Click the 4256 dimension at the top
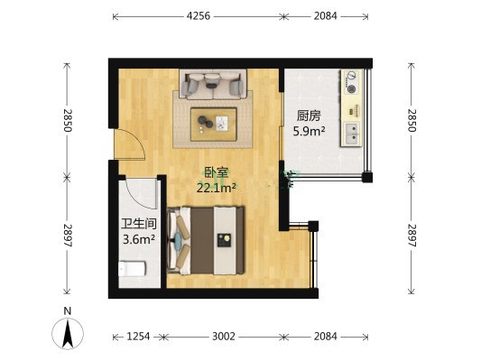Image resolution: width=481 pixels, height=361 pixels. pyautogui.click(x=199, y=16)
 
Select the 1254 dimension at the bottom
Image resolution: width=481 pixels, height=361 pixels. pyautogui.click(x=138, y=337)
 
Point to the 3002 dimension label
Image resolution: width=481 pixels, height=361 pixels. pyautogui.click(x=224, y=337)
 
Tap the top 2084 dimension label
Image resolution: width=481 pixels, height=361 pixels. pyautogui.click(x=325, y=16)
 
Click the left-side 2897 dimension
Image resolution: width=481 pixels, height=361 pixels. pyautogui.click(x=68, y=236)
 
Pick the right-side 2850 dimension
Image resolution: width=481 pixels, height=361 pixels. pyautogui.click(x=412, y=120)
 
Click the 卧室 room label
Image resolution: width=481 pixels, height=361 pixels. pyautogui.click(x=217, y=172)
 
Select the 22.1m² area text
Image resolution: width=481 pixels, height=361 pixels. pyautogui.click(x=217, y=188)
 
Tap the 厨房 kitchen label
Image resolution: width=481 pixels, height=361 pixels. pyautogui.click(x=309, y=116)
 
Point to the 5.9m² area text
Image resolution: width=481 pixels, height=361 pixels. pyautogui.click(x=309, y=131)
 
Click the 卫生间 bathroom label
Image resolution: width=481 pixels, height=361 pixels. pyautogui.click(x=139, y=224)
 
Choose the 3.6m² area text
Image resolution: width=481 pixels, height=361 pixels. pyautogui.click(x=139, y=239)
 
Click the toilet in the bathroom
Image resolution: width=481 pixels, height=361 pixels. pyautogui.click(x=133, y=269)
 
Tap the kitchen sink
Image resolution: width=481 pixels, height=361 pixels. pyautogui.click(x=352, y=134)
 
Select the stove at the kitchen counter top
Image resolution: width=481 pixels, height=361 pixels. pyautogui.click(x=352, y=82)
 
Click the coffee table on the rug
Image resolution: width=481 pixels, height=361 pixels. pyautogui.click(x=214, y=125)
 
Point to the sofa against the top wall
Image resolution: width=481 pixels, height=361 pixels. pyautogui.click(x=213, y=84)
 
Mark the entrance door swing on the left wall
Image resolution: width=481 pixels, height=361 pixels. pyautogui.click(x=130, y=144)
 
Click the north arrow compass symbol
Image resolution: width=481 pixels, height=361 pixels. pyautogui.click(x=68, y=333)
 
